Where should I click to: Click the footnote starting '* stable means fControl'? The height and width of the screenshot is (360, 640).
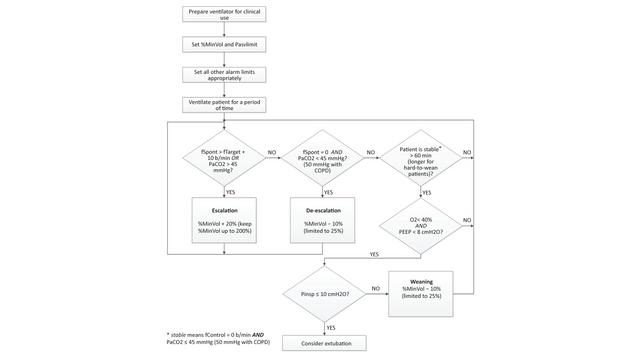pyautogui.click(x=224, y=337)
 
